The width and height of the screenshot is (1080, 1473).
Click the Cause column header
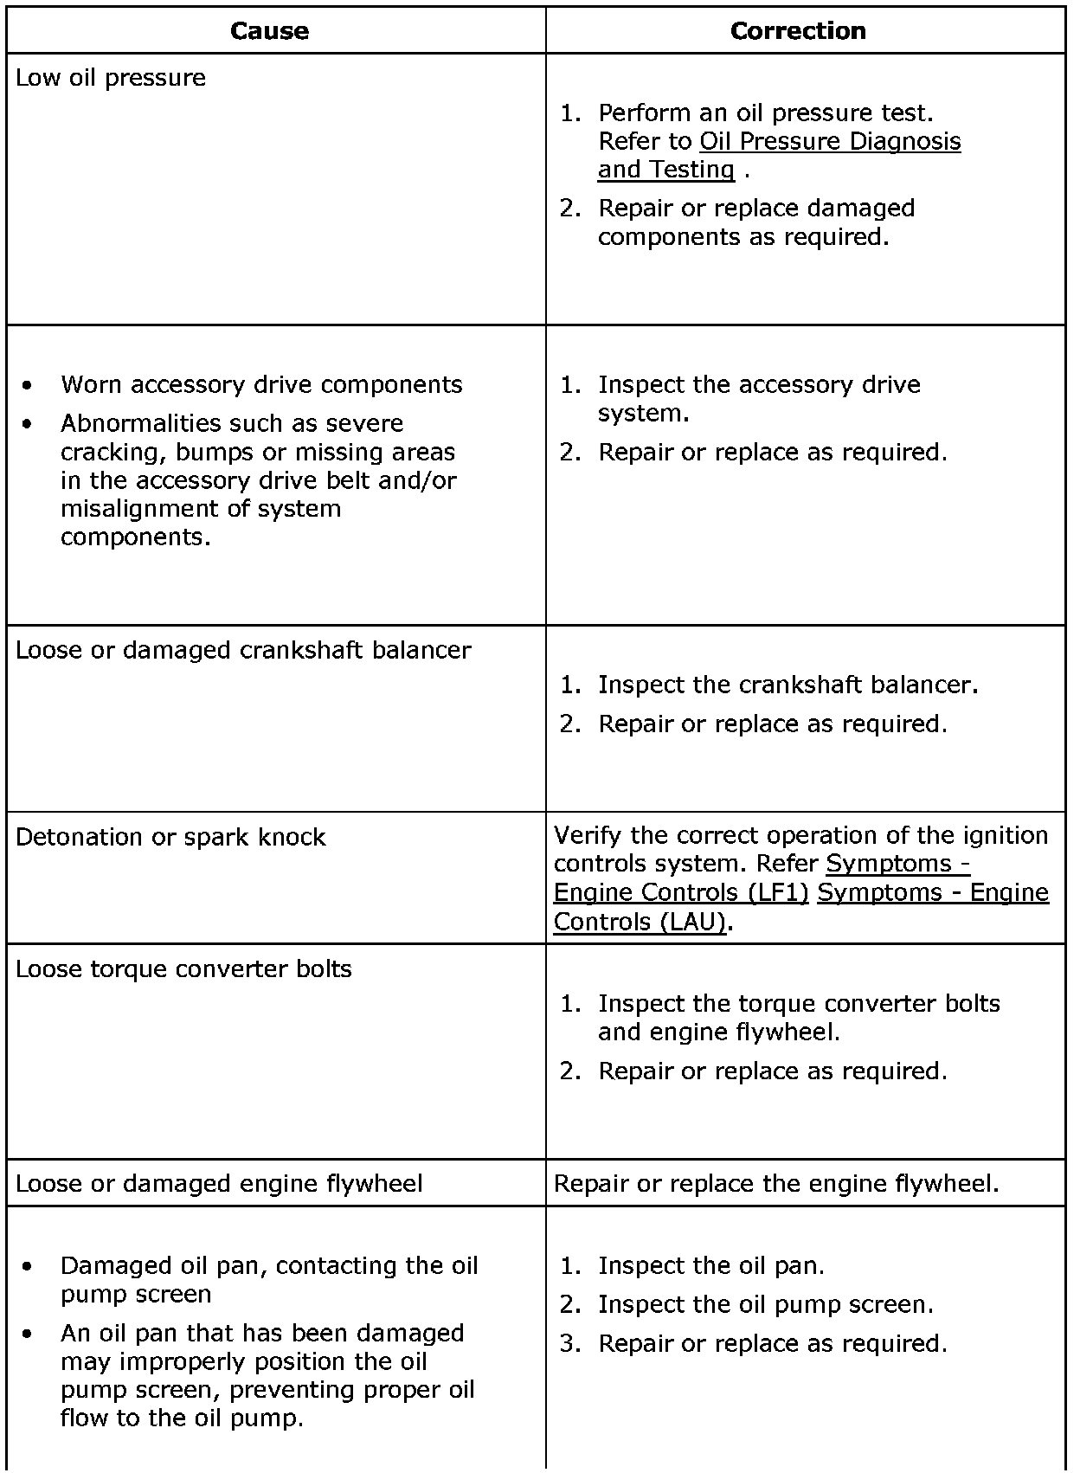pyautogui.click(x=269, y=31)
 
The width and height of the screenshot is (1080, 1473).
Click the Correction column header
pyautogui.click(x=798, y=31)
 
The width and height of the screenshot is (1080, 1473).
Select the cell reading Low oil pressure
pyautogui.click(x=111, y=78)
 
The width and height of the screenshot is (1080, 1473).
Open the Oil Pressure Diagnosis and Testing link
pyautogui.click(x=829, y=142)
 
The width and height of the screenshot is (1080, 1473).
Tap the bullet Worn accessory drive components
pyautogui.click(x=261, y=384)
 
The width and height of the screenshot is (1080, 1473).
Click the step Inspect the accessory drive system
pyautogui.click(x=758, y=385)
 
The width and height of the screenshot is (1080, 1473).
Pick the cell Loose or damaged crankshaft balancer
pyautogui.click(x=243, y=651)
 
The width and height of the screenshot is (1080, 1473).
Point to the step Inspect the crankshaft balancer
pyautogui.click(x=787, y=685)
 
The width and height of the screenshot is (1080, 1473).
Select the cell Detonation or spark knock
pyautogui.click(x=170, y=838)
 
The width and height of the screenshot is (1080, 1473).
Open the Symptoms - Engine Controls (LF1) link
pyautogui.click(x=680, y=892)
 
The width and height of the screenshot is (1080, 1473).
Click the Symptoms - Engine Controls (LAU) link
pyautogui.click(x=932, y=892)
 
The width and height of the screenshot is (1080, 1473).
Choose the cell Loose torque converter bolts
pyautogui.click(x=183, y=969)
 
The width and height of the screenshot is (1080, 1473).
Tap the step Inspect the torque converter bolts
pyautogui.click(x=798, y=1004)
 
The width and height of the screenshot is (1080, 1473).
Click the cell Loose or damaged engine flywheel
pyautogui.click(x=219, y=1184)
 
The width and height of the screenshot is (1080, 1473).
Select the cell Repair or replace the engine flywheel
pyautogui.click(x=776, y=1184)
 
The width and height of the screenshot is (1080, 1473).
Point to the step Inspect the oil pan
pyautogui.click(x=710, y=1266)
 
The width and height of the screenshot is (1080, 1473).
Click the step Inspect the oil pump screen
pyautogui.click(x=765, y=1305)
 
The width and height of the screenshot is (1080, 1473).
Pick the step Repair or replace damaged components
pyautogui.click(x=755, y=209)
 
